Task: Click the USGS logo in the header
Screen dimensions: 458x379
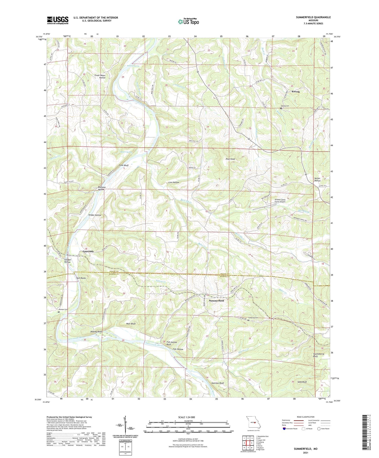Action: click(58, 20)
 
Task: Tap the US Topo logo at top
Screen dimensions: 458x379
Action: click(188, 22)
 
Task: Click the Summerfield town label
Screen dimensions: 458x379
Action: click(216, 301)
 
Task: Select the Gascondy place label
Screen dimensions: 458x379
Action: click(88, 252)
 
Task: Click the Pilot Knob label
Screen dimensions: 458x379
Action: click(230, 159)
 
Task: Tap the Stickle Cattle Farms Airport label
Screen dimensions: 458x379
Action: click(280, 201)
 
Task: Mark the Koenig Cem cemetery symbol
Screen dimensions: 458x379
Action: click(281, 108)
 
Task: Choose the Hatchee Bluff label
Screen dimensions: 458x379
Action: click(217, 383)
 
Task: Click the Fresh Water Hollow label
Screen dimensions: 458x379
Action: click(100, 77)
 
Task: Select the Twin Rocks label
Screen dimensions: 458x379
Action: click(81, 278)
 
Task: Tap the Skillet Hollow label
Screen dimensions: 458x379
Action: click(317, 179)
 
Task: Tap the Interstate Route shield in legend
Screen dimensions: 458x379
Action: click(285, 429)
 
